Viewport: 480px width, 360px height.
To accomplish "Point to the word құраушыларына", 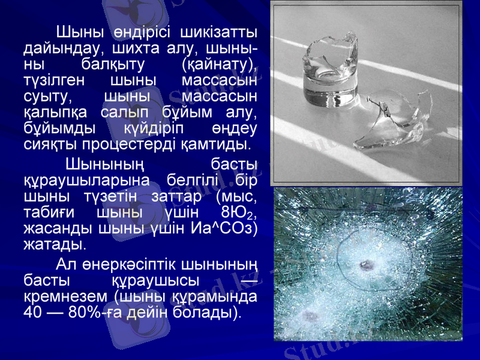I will tap(80, 179).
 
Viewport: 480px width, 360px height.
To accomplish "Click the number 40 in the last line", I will tap(34, 312).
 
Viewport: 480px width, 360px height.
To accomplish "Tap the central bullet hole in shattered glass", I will tap(364, 265).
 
